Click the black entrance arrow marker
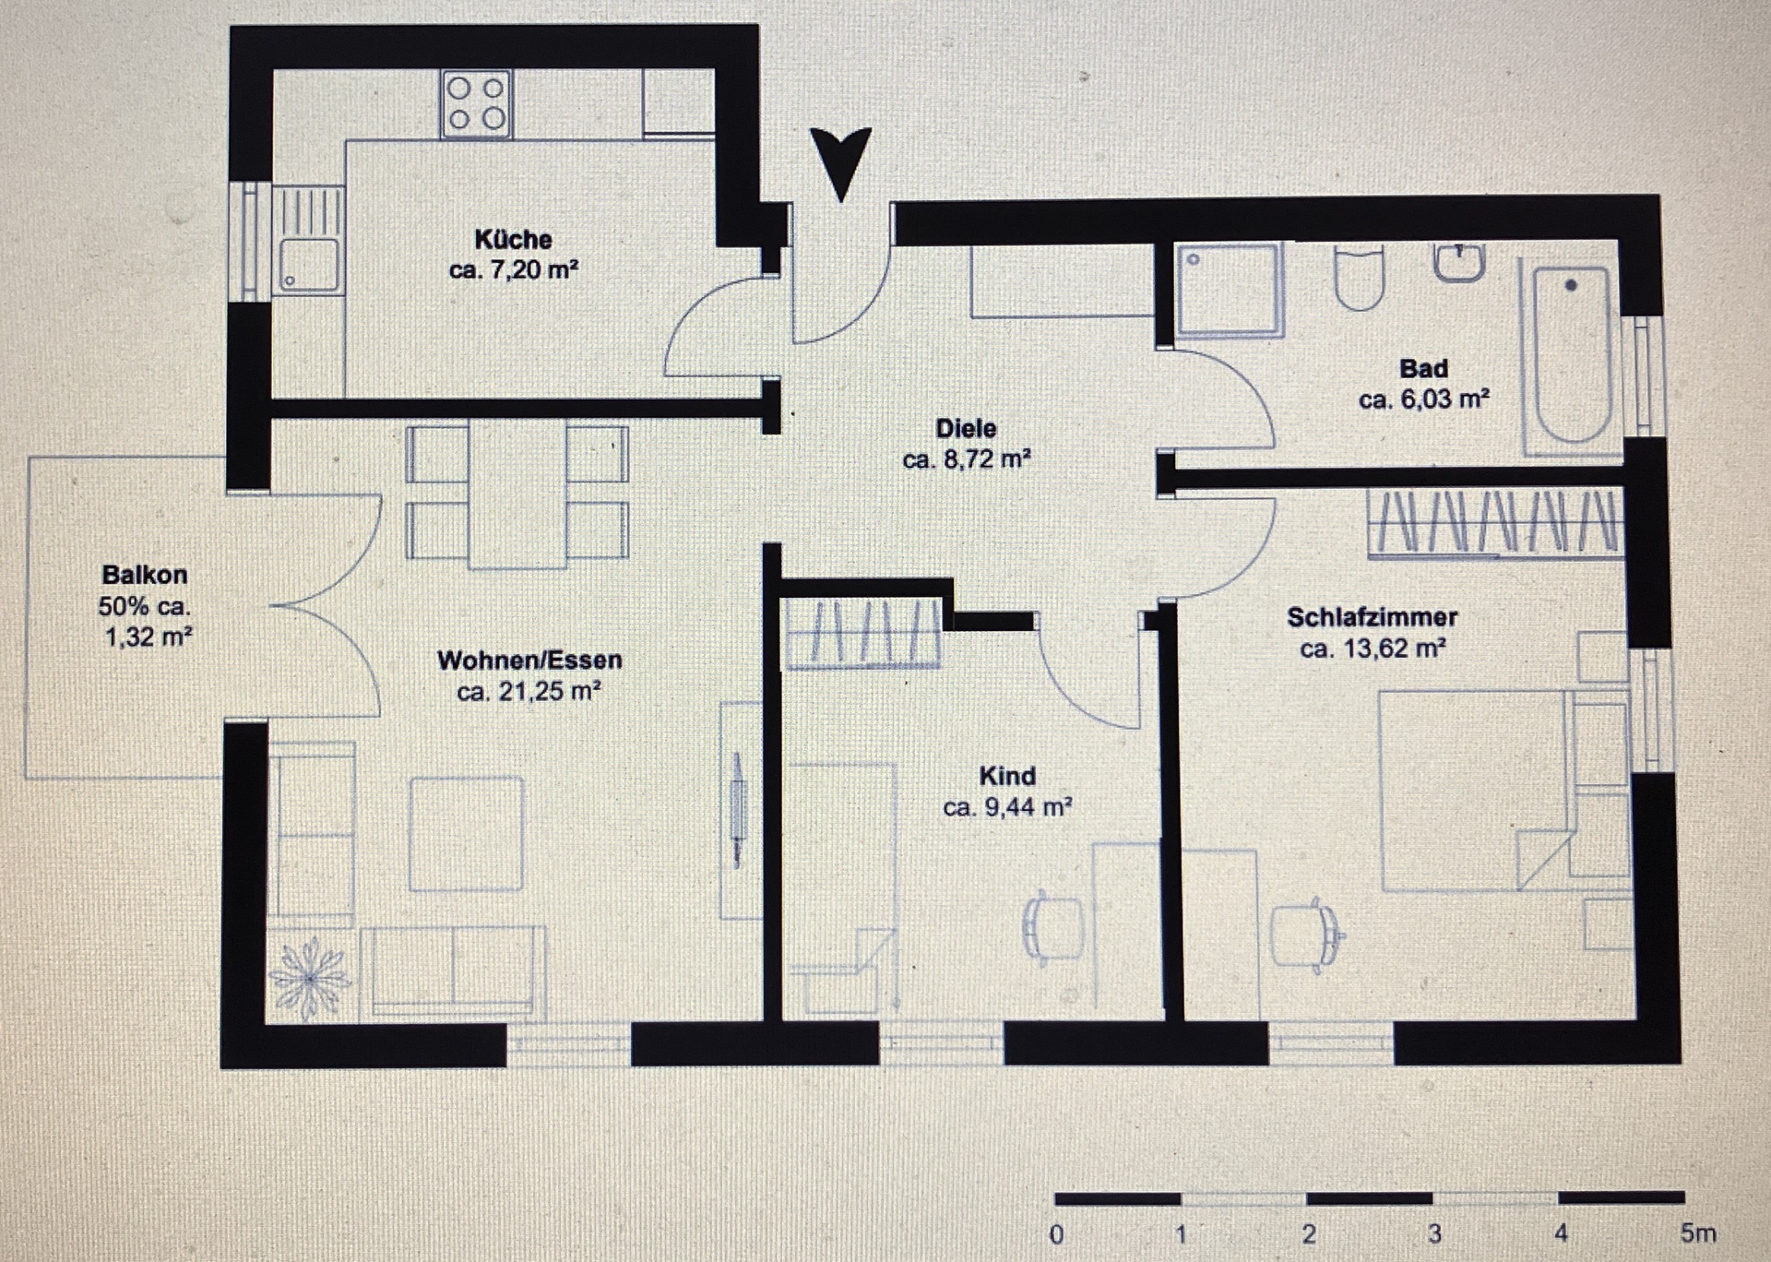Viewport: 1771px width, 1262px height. point(840,159)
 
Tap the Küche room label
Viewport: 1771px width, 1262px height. point(513,240)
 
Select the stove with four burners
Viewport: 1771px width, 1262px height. point(476,104)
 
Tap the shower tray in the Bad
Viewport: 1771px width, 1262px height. point(1228,289)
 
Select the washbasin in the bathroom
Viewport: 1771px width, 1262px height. point(1459,261)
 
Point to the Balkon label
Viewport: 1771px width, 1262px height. point(145,575)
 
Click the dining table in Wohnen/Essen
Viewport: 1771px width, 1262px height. point(517,494)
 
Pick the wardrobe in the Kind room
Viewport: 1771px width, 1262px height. point(862,633)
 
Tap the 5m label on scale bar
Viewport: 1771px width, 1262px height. point(1698,1232)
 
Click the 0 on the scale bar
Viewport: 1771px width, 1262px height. point(1057,1233)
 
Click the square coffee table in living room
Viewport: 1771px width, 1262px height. point(466,834)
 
